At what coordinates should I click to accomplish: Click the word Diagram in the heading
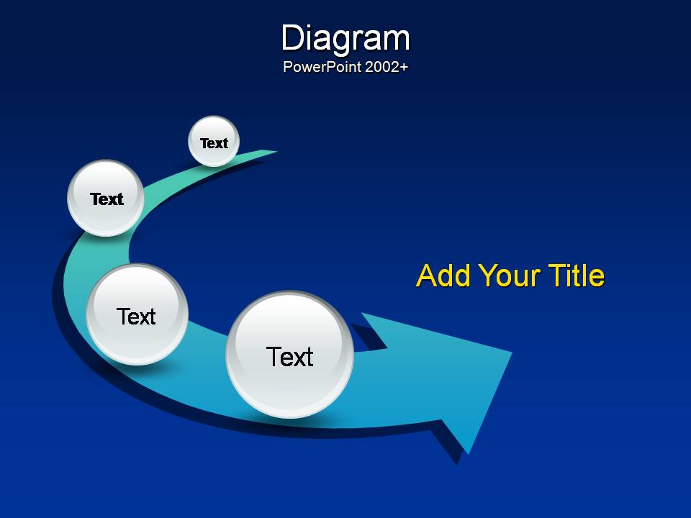click(x=345, y=40)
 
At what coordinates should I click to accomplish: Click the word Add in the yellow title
click(x=443, y=276)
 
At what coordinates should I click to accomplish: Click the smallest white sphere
click(x=214, y=142)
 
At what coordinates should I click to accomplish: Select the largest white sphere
click(x=289, y=355)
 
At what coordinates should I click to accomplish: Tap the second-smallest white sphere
click(x=106, y=199)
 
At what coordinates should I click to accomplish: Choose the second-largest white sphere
click(x=137, y=314)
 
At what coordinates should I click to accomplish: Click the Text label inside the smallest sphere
click(x=214, y=143)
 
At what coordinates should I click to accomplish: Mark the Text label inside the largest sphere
click(x=289, y=356)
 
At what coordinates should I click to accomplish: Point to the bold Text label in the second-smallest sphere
click(x=107, y=199)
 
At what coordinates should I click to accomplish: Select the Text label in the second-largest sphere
click(x=136, y=317)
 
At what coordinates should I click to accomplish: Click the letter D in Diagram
click(x=293, y=38)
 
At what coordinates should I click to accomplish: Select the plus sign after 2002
click(x=403, y=68)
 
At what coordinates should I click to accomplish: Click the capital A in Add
click(x=428, y=276)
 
